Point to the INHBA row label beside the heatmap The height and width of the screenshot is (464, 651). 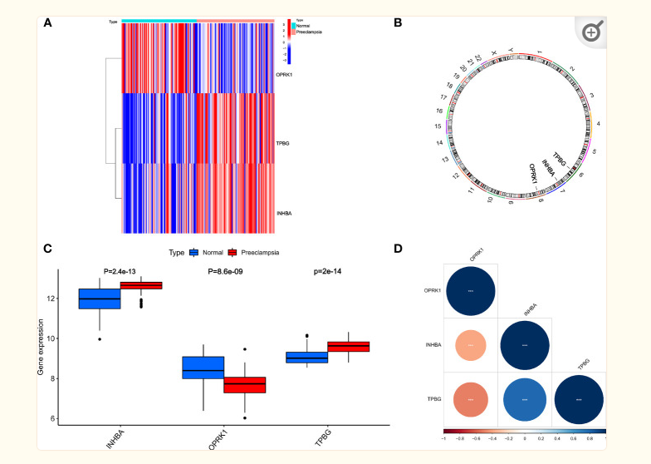284,215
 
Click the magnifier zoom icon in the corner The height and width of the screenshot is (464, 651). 591,32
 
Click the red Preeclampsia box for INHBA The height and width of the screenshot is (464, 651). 141,285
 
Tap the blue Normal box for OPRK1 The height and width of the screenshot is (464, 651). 203,367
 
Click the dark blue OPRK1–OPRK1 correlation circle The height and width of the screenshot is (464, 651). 471,291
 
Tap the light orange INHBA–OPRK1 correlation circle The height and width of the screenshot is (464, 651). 471,344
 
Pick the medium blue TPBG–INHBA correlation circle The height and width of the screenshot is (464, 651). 525,398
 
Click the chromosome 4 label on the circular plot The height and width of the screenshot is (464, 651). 599,121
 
